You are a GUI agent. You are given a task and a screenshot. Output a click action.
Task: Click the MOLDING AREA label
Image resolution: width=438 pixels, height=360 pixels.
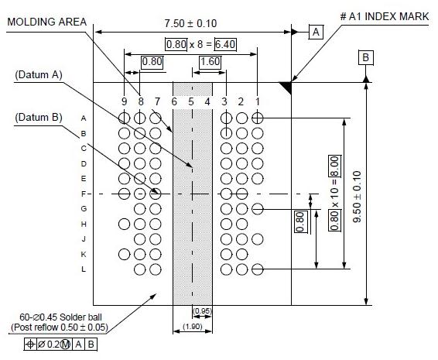coord(47,22)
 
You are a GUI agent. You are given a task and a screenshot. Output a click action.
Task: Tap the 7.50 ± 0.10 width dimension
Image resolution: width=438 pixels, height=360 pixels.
coord(190,23)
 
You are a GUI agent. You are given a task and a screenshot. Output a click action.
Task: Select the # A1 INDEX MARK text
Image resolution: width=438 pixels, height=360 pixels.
coord(385,16)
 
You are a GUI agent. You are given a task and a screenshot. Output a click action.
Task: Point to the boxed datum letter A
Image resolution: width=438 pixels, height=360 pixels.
coord(316,32)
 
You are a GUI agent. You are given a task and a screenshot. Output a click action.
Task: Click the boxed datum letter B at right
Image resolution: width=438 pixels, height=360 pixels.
coord(366,57)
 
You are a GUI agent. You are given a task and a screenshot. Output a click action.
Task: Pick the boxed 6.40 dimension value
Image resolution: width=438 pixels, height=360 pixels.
coord(225,44)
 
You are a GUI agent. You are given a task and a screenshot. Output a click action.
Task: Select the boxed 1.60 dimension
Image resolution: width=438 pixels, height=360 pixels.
coord(210,61)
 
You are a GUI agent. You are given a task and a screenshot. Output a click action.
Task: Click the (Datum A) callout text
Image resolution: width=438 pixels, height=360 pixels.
coord(39,75)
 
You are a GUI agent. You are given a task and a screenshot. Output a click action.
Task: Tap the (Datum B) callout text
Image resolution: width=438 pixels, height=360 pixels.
coord(39,118)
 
